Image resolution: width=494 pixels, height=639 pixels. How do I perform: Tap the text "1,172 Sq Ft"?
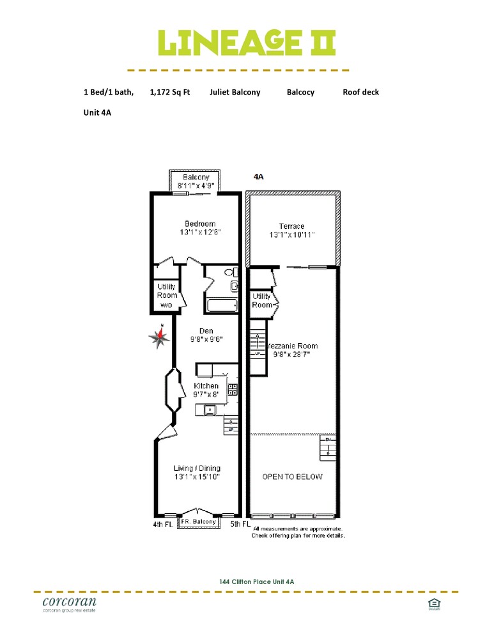click(x=170, y=92)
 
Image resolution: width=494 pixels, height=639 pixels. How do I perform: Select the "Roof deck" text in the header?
click(x=360, y=92)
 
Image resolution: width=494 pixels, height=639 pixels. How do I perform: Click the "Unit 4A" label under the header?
click(x=98, y=112)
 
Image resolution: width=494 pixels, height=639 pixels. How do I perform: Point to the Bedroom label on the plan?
click(x=200, y=224)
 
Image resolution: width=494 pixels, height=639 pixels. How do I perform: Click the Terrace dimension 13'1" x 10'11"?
click(x=291, y=235)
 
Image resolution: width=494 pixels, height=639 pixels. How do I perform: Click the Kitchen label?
click(x=206, y=386)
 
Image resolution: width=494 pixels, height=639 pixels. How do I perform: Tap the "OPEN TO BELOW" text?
click(x=293, y=477)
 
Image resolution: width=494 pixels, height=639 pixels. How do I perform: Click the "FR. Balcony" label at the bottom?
click(x=198, y=522)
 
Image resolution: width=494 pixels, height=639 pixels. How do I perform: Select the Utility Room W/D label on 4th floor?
click(x=167, y=296)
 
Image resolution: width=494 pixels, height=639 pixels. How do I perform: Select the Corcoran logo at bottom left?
click(x=69, y=604)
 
